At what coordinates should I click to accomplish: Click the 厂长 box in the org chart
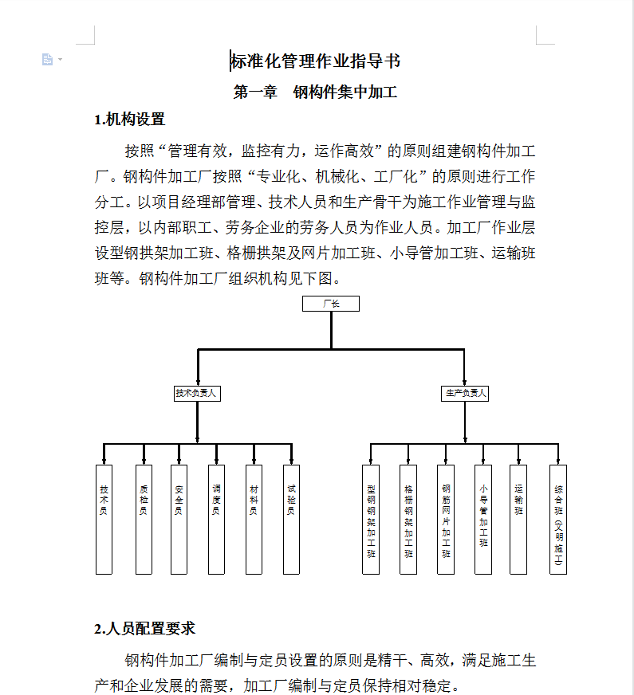tap(331, 304)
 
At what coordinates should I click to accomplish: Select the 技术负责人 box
tap(197, 393)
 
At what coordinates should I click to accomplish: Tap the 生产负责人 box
tap(465, 393)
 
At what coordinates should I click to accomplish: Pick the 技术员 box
tap(104, 519)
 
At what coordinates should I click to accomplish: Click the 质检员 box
tap(144, 519)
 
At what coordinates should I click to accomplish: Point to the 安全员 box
tap(179, 519)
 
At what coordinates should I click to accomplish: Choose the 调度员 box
tap(216, 519)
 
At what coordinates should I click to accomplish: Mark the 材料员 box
tap(254, 519)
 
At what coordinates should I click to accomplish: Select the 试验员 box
tap(291, 519)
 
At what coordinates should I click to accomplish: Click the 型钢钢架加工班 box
tap(371, 519)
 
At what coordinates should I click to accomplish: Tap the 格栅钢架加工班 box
tap(408, 519)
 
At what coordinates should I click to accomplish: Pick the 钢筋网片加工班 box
tap(446, 519)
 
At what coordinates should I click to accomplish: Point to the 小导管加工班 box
tap(483, 519)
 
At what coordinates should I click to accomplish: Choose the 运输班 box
tap(518, 519)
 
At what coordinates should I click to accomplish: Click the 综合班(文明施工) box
tap(558, 519)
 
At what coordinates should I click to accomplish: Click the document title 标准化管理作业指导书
tap(316, 61)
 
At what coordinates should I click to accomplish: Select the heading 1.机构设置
tap(129, 120)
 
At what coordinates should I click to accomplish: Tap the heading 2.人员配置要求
tap(144, 629)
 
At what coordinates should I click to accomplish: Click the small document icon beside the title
tap(48, 59)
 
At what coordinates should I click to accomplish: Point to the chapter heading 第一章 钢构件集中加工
tap(315, 92)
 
